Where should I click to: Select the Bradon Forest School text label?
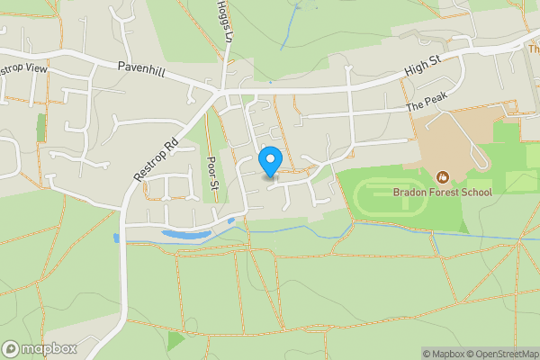tap(443, 192)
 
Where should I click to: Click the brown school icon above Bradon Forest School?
tap(442, 177)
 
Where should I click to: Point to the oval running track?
tap(390, 198)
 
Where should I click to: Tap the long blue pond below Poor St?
tap(184, 235)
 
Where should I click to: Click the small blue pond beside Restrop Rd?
tap(116, 238)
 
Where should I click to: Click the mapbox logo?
tap(40, 348)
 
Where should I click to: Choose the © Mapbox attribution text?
tap(444, 354)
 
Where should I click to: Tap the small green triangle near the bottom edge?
tap(175, 341)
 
